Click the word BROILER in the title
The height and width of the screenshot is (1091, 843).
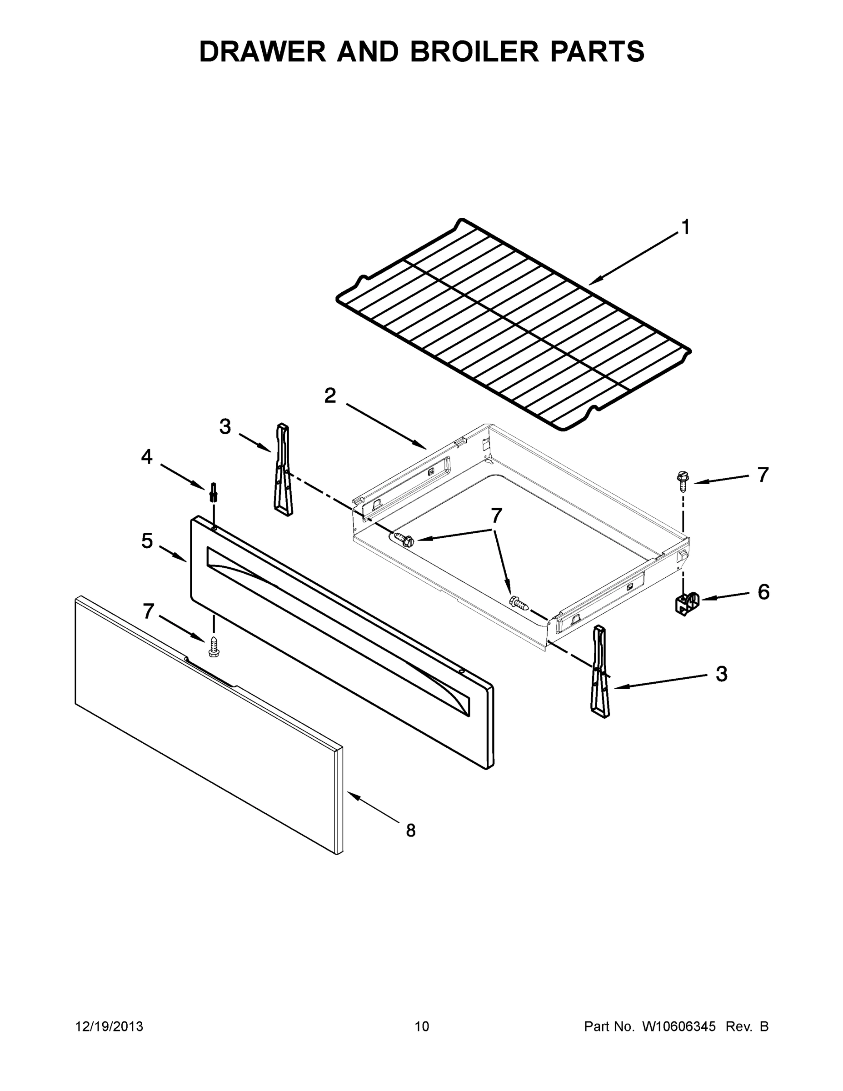tap(474, 51)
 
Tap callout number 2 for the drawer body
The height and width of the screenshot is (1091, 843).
tap(330, 396)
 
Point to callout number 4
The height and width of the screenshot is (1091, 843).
tap(146, 456)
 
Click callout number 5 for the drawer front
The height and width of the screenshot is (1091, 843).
tap(146, 540)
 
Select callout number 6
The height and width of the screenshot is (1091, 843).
tap(763, 592)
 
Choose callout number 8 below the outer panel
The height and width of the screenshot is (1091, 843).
tap(410, 830)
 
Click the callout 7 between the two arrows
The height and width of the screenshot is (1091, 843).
tap(496, 515)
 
